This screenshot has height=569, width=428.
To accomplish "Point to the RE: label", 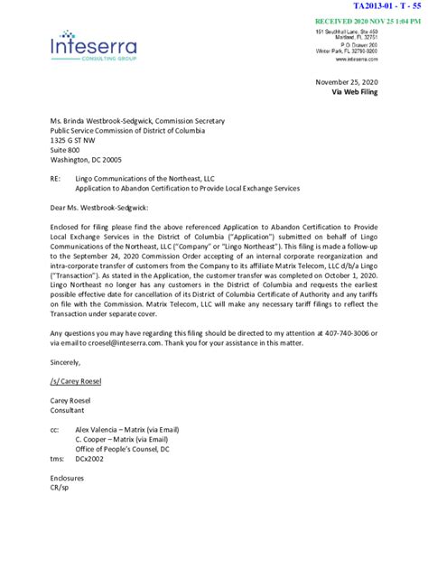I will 57,181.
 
